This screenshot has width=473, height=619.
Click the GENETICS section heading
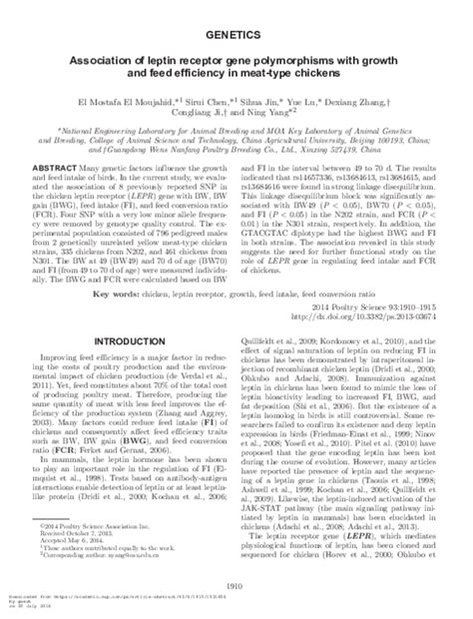click(236, 35)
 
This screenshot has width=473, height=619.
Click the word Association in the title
click(106, 60)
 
